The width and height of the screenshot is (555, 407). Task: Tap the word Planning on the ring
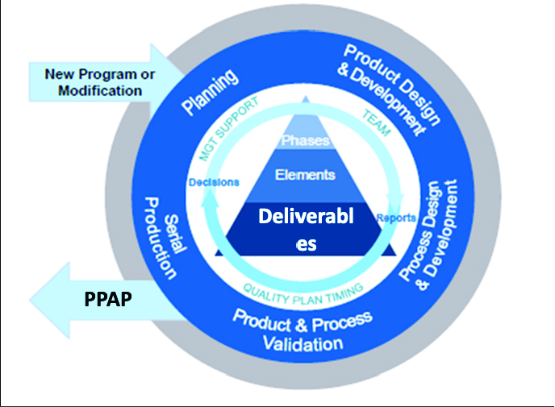[209, 92]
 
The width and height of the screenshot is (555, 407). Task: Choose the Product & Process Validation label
[303, 330]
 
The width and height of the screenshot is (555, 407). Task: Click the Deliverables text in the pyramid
[305, 230]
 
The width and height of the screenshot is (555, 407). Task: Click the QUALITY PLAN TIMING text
[305, 291]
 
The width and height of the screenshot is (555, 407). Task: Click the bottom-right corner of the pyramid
[396, 255]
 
